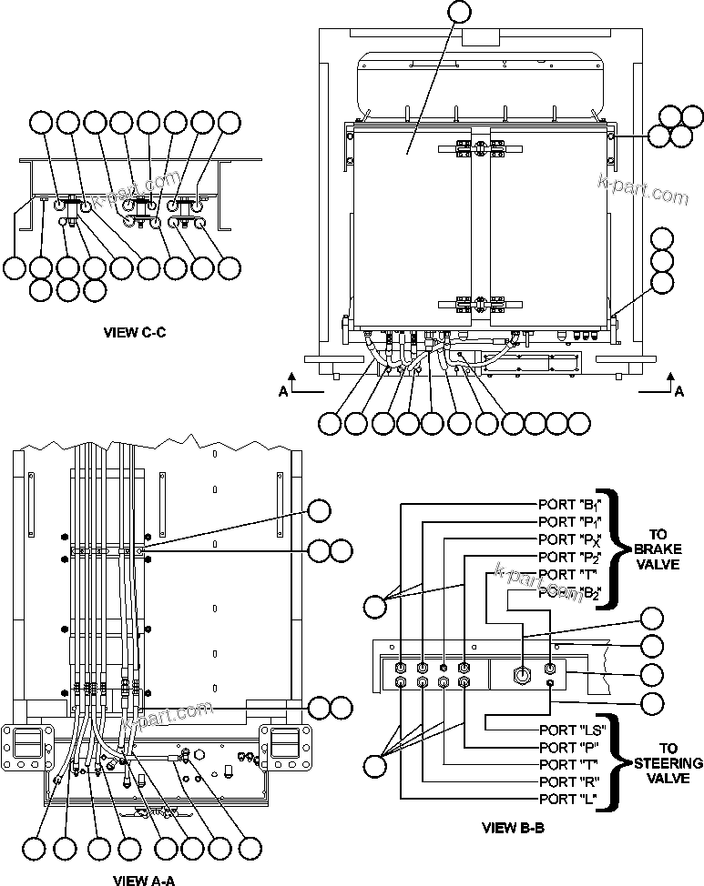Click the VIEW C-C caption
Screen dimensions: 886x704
tap(135, 332)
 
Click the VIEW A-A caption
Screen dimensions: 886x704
tap(143, 879)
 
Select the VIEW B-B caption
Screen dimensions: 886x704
tap(513, 828)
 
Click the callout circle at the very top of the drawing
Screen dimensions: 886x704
tap(463, 12)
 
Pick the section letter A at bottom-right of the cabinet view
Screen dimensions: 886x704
tap(678, 391)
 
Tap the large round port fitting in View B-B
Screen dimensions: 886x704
tap(523, 674)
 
